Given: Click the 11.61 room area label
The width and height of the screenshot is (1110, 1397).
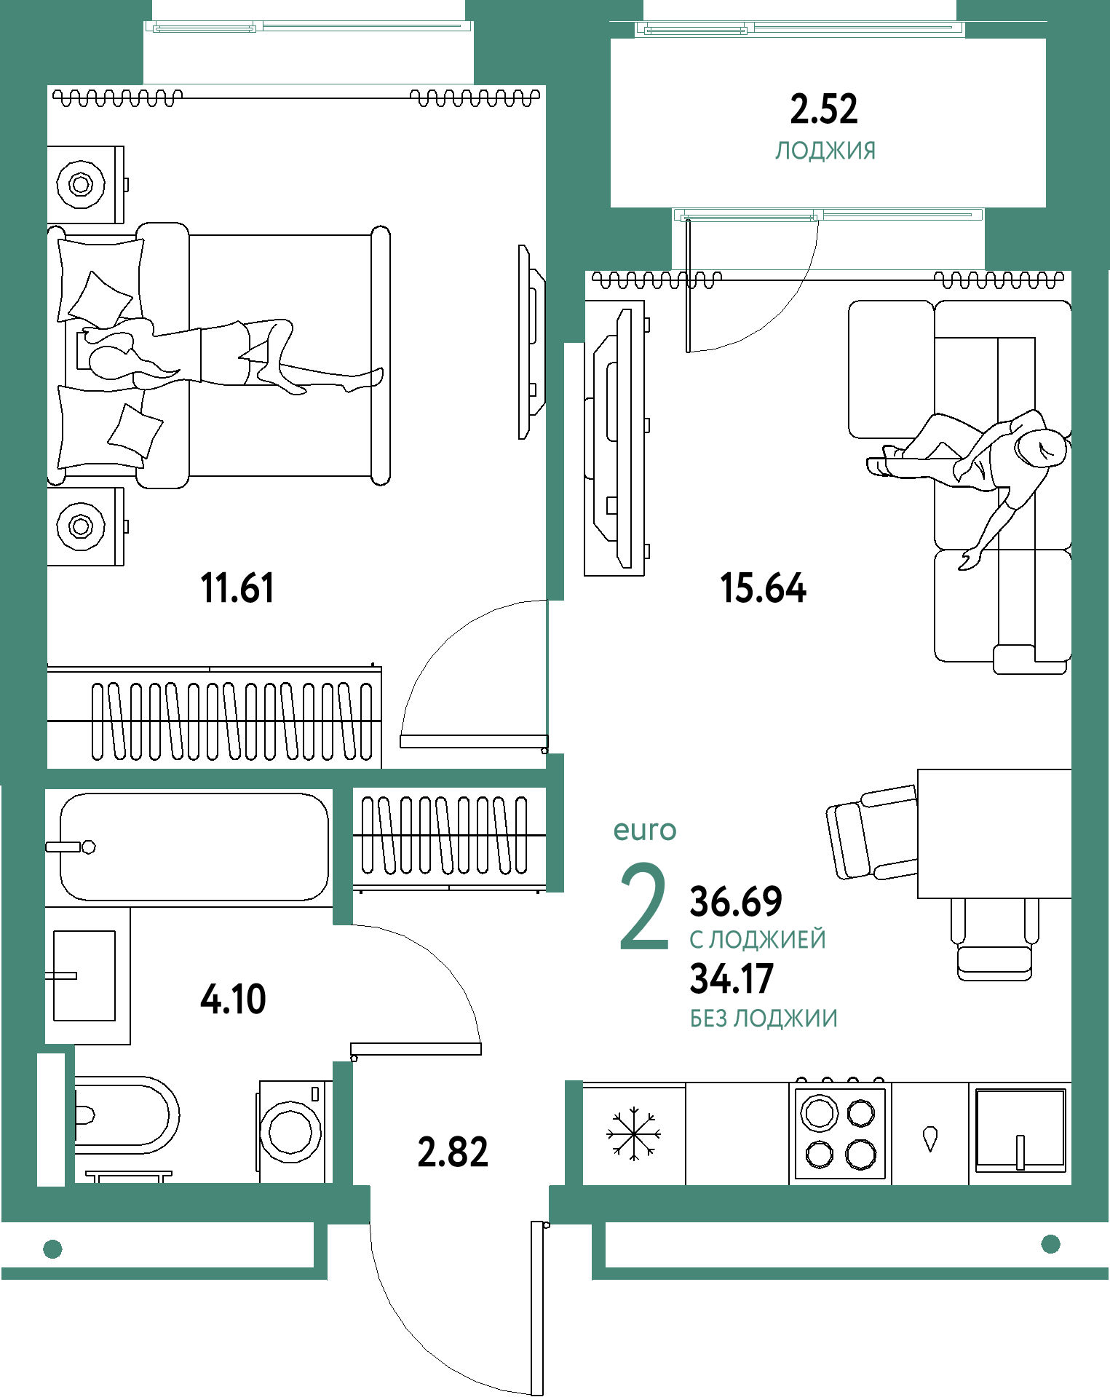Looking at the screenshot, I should [237, 588].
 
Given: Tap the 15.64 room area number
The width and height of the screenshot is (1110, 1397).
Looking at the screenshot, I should [763, 588].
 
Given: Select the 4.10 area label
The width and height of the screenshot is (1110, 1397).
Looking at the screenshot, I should [234, 999].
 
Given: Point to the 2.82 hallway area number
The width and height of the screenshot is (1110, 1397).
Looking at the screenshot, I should [453, 1152].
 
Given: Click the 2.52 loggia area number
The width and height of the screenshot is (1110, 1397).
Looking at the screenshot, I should [824, 109].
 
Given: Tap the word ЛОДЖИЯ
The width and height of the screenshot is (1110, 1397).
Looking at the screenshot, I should [825, 151].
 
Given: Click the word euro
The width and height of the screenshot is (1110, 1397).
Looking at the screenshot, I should [645, 830].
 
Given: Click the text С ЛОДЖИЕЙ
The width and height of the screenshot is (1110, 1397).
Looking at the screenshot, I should [758, 940].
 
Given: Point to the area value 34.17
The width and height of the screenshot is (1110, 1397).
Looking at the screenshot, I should [732, 979].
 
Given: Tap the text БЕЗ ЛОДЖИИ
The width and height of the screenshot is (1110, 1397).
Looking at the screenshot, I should [764, 1018].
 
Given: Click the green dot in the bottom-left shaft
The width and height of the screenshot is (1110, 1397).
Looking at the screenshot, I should [52, 1249].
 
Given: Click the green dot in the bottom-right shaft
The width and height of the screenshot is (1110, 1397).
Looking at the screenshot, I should [1050, 1244].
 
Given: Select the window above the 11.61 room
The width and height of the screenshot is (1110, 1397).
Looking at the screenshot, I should [309, 27].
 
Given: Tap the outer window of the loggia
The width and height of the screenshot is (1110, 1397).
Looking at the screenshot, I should [799, 29].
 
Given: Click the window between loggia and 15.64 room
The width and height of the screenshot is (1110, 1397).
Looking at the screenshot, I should [828, 215].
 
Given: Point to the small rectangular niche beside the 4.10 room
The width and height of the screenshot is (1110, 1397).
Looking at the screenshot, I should [51, 1120].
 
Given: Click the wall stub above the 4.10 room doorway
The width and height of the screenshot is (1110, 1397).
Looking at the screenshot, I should [343, 856].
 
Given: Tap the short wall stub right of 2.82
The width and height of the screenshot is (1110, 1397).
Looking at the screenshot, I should [574, 1132].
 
